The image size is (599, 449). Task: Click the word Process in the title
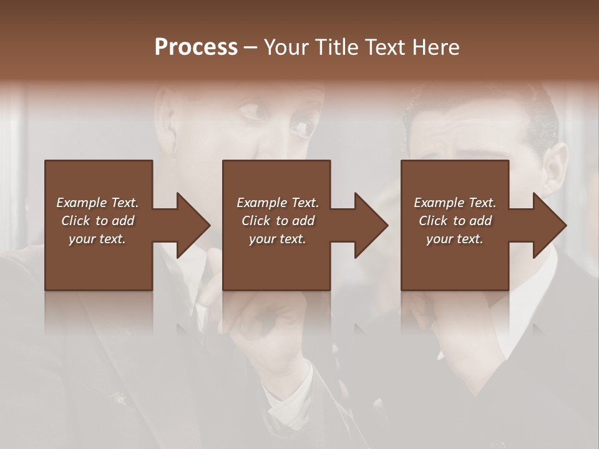point(196,47)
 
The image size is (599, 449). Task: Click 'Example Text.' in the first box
point(97,203)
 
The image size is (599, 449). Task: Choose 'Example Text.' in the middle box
point(278,203)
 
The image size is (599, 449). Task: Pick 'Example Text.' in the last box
point(455,203)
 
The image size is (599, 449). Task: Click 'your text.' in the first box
point(97,239)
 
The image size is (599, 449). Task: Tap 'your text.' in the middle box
point(278,239)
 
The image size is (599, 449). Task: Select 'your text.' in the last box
point(455,239)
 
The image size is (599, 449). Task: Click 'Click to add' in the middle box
point(278,221)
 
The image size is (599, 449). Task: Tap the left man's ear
point(165,115)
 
